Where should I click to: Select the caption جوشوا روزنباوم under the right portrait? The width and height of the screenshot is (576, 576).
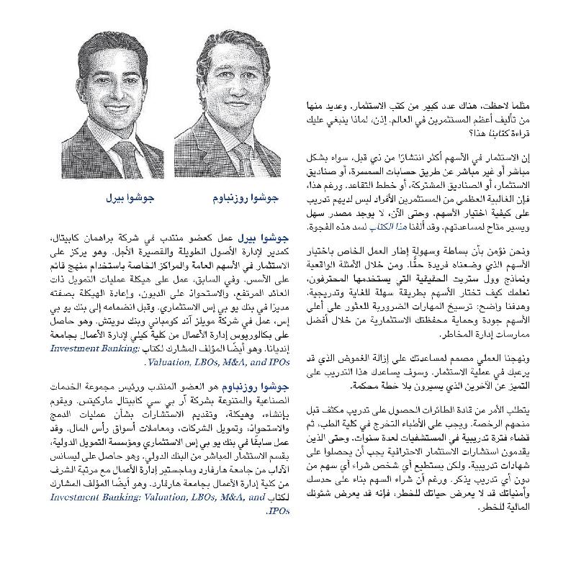click(x=242, y=196)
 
